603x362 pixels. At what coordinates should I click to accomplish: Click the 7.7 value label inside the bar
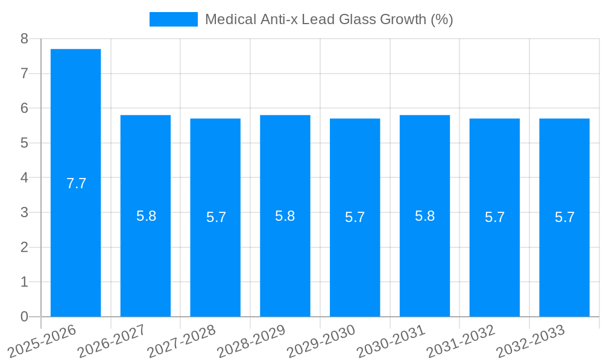[76, 183]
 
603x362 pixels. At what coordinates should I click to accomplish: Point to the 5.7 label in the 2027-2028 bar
[216, 217]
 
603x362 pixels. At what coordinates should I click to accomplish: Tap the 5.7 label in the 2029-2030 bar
[355, 217]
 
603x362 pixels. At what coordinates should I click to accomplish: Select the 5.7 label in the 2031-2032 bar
[494, 217]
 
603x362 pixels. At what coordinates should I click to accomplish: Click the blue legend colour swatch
[173, 19]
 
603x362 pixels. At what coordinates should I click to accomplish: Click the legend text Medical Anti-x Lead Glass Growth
[329, 19]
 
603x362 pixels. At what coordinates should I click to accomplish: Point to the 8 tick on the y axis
[24, 39]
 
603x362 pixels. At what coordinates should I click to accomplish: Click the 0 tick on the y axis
[24, 317]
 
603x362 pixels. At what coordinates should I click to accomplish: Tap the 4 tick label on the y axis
[24, 178]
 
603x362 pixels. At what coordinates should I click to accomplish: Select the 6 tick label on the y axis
[24, 109]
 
